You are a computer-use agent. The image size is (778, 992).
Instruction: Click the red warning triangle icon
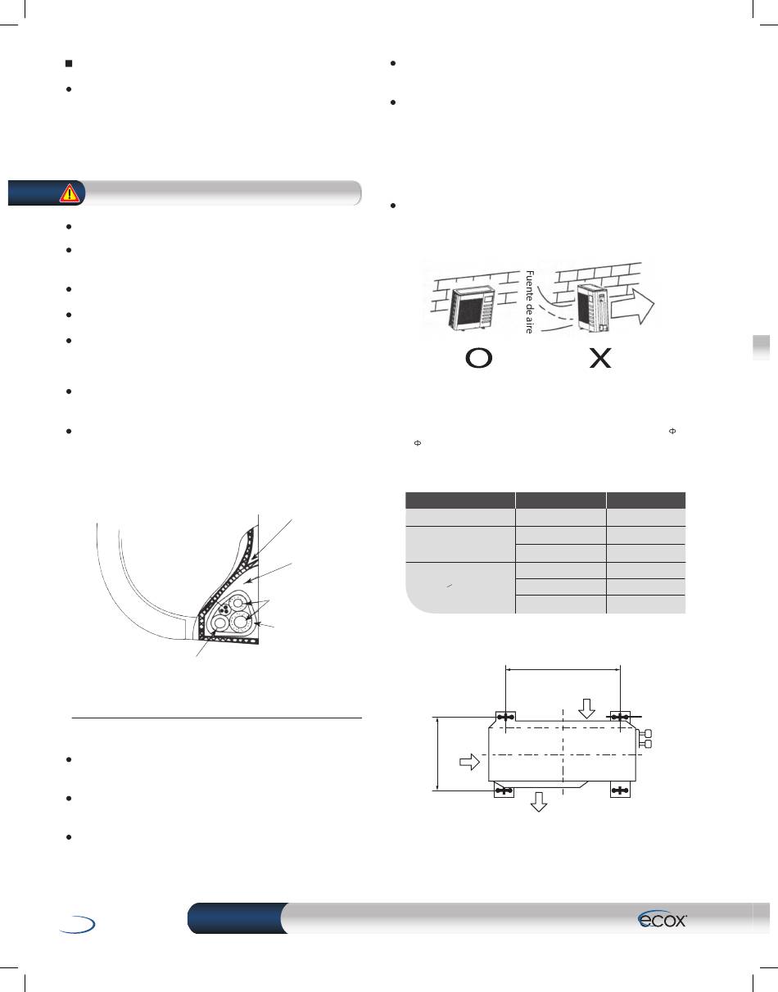(70, 193)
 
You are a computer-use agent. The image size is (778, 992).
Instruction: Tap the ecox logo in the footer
(662, 919)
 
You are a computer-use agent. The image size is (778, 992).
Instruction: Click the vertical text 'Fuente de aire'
(529, 301)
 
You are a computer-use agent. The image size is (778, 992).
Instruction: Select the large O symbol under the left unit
(478, 358)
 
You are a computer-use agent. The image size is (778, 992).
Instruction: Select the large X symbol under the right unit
(600, 358)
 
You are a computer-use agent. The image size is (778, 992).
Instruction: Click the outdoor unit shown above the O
(472, 309)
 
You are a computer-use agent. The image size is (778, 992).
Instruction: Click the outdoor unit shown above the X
(594, 307)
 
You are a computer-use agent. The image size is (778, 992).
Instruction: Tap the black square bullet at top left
(69, 63)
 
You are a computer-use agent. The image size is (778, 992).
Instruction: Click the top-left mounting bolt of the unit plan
(505, 718)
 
